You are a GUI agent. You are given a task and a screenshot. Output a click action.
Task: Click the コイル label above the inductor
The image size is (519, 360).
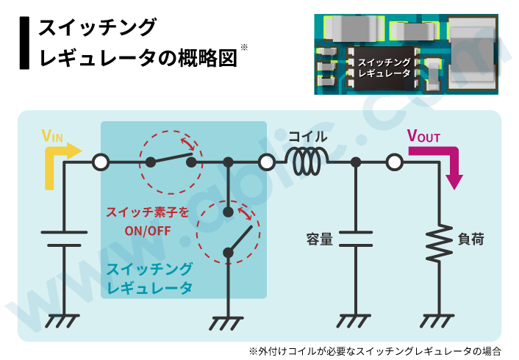307,137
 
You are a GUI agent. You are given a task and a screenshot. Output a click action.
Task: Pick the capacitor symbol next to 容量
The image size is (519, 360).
356,240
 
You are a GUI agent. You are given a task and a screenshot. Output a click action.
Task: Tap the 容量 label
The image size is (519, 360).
321,240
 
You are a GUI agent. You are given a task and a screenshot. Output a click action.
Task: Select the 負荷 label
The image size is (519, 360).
470,240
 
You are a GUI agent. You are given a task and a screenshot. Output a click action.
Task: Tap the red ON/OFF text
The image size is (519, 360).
148,229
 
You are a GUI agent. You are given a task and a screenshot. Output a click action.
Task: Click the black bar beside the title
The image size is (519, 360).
25,42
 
